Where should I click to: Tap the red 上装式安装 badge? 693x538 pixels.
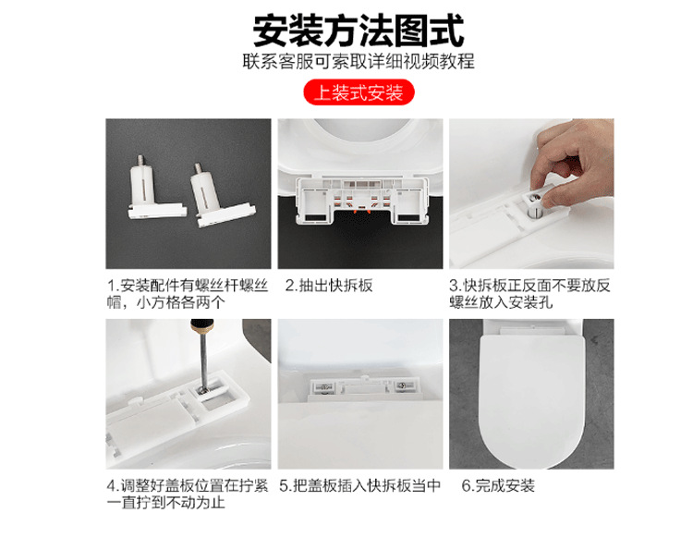pyautogui.click(x=359, y=92)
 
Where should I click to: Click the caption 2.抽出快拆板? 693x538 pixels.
pyautogui.click(x=329, y=286)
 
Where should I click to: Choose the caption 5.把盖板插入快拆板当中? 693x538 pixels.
pyautogui.click(x=360, y=485)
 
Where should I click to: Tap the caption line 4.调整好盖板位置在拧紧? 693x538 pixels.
pyautogui.click(x=188, y=485)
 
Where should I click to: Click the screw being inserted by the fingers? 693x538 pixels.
pyautogui.click(x=536, y=199)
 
